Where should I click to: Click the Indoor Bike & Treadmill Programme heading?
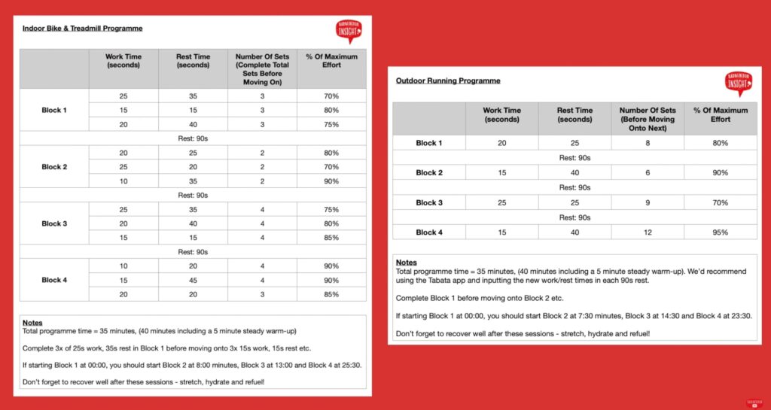(x=82, y=29)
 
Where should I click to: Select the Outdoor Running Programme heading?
(x=447, y=80)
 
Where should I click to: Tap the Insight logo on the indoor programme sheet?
(x=349, y=31)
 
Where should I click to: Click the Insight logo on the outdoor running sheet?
(x=739, y=84)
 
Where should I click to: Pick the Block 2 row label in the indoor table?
(x=54, y=167)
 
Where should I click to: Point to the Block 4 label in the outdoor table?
(x=429, y=232)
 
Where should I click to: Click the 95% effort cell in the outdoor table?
(x=721, y=232)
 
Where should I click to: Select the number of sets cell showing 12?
(x=648, y=232)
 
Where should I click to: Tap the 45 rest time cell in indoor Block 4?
(x=193, y=280)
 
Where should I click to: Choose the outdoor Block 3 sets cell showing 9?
(x=648, y=202)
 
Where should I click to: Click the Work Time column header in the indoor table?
(x=123, y=61)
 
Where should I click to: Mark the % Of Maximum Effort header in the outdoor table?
(x=721, y=115)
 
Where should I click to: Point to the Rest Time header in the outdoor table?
(x=574, y=115)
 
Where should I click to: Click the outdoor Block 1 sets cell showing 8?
(x=648, y=143)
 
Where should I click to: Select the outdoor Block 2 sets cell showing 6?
(x=648, y=173)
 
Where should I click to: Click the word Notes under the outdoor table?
(x=406, y=263)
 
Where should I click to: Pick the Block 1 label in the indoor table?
(x=54, y=110)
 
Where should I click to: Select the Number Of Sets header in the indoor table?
(x=263, y=65)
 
